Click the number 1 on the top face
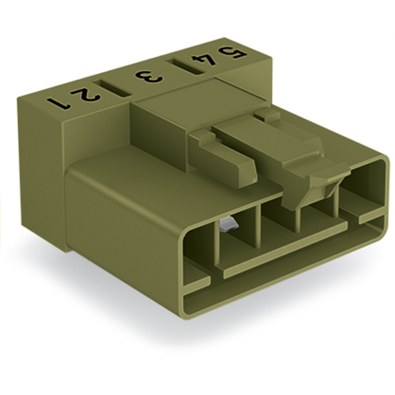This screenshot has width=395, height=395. [58, 103]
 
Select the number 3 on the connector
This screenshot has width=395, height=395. [148, 77]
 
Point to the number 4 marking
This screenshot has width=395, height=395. [204, 60]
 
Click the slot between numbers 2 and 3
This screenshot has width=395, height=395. [112, 88]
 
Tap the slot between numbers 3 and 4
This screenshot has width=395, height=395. [184, 66]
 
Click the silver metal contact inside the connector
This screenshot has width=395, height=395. [228, 225]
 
